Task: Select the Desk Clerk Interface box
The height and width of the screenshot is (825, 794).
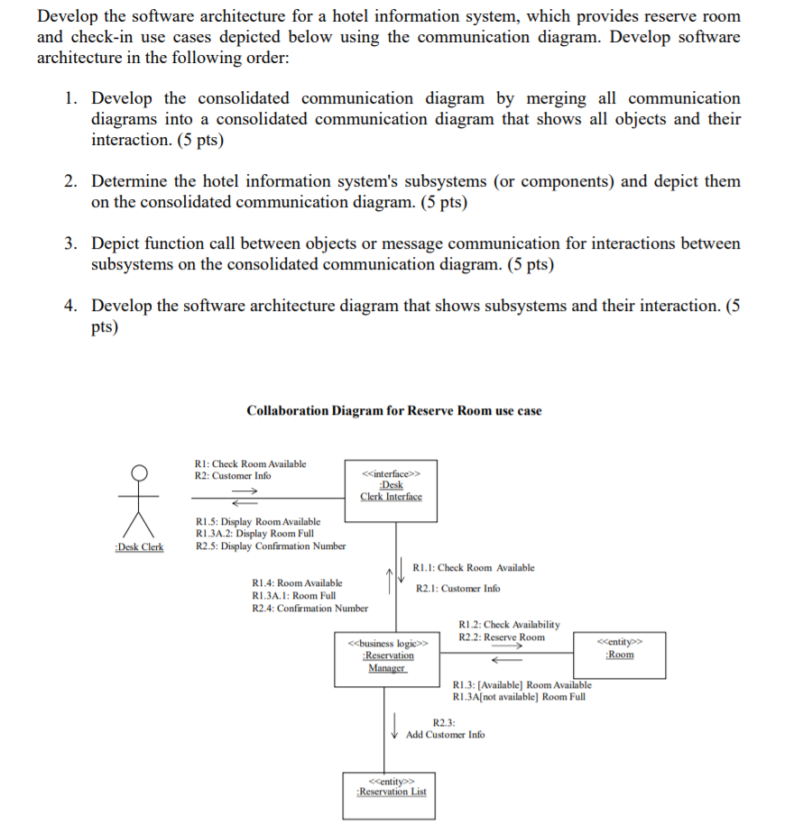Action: [391, 490]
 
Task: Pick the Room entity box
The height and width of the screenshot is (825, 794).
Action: [619, 654]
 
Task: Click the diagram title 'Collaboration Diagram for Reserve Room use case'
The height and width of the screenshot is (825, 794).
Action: [394, 411]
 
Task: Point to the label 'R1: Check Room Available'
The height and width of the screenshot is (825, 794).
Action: [251, 463]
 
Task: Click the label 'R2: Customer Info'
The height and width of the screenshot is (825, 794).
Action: [233, 475]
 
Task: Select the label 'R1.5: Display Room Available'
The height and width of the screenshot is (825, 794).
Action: [258, 521]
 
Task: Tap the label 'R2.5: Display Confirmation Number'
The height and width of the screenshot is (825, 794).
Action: [271, 545]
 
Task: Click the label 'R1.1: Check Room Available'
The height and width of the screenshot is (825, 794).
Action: [473, 568]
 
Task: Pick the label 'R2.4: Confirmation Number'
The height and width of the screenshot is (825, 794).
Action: [309, 609]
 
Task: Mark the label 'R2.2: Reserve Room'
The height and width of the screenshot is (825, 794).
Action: [502, 637]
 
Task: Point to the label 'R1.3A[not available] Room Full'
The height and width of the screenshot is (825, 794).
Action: [519, 697]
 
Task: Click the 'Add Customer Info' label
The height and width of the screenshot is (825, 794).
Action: [445, 735]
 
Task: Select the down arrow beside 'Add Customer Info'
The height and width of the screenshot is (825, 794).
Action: [394, 725]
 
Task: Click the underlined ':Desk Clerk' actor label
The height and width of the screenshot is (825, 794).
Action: [139, 546]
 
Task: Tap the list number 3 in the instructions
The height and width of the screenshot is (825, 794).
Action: [70, 243]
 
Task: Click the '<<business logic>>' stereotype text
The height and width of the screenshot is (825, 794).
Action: [387, 643]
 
